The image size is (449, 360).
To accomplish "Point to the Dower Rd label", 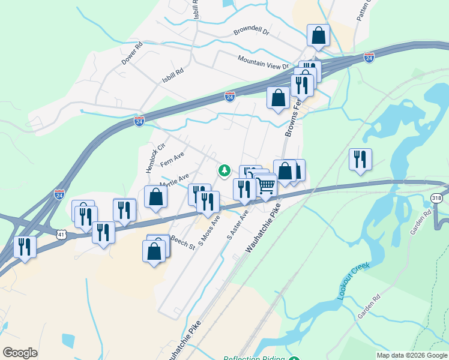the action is click(x=132, y=53).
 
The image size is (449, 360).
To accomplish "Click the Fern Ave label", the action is click(x=172, y=160).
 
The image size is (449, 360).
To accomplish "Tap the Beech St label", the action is click(x=183, y=242).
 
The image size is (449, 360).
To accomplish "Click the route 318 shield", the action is click(x=437, y=198).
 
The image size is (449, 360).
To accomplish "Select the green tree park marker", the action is click(x=224, y=171).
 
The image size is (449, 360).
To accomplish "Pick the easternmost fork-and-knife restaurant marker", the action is click(x=360, y=160).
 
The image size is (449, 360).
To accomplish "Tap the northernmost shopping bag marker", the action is click(x=318, y=36).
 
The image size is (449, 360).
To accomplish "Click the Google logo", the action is click(x=20, y=353).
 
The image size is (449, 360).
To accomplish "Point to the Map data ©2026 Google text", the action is click(x=412, y=355).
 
